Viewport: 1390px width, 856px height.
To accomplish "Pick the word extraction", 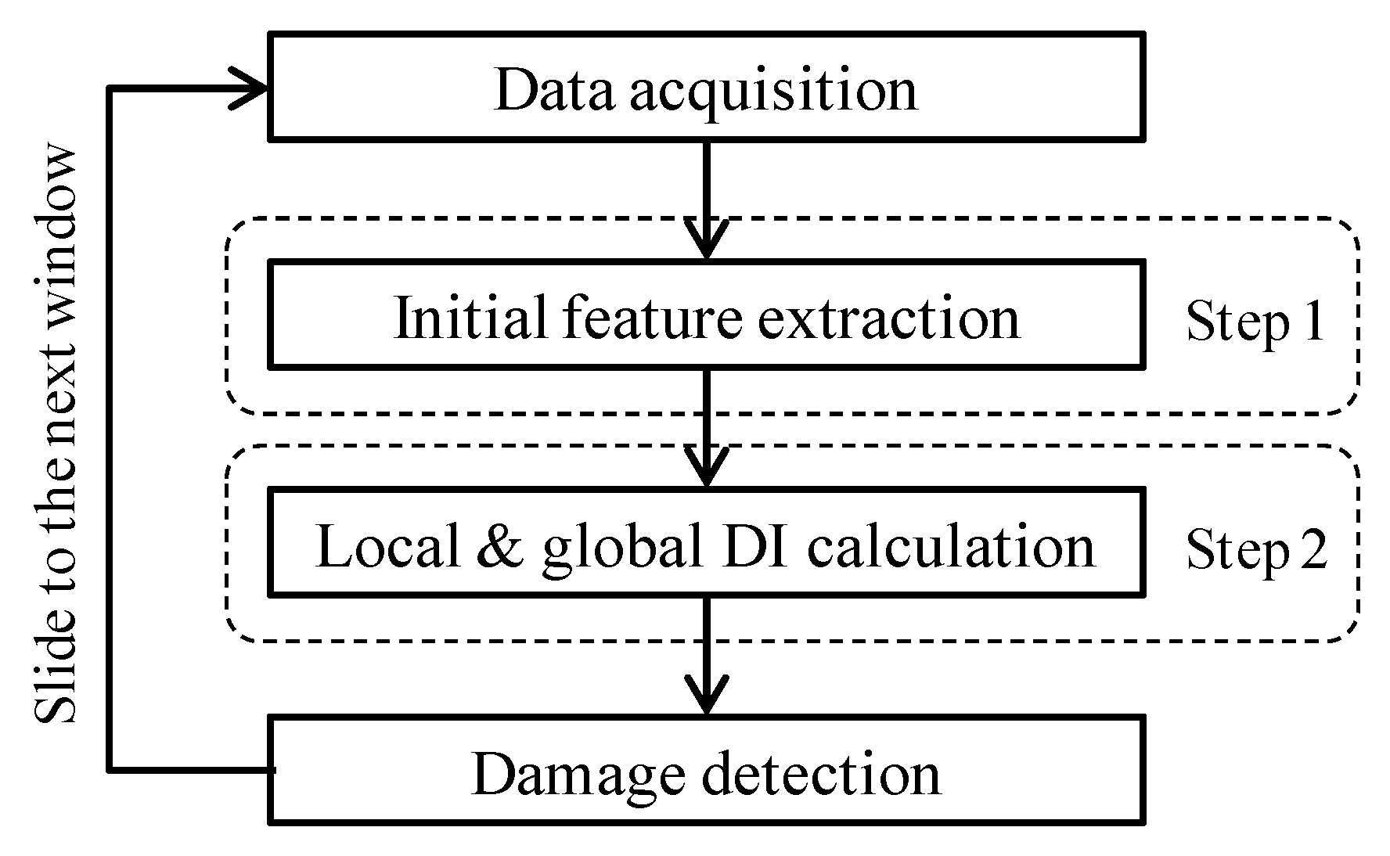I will [x=888, y=318].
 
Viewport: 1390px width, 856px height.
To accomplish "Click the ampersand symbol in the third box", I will [x=498, y=545].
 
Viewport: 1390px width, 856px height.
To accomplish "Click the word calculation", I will [x=951, y=545].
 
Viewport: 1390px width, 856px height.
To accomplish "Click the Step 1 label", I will [x=1255, y=321].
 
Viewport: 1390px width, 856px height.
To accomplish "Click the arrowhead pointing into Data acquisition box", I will [x=254, y=88].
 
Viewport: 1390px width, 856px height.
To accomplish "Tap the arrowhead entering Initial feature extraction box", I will [x=707, y=243].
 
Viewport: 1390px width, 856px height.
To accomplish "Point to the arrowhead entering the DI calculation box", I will [x=707, y=469].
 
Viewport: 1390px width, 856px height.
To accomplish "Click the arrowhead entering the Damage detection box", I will [x=707, y=698].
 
